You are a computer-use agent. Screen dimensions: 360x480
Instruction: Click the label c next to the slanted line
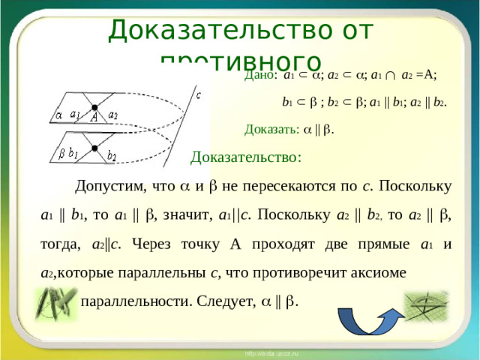(197, 95)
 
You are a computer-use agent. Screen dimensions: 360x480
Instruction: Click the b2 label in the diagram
(112, 155)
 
